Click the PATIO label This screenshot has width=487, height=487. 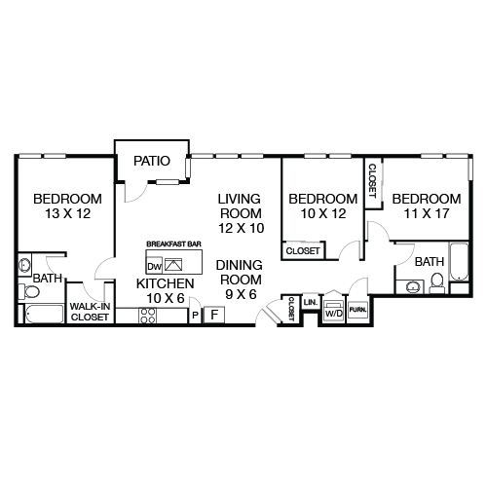point(152,161)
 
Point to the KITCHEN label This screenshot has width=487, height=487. point(165,283)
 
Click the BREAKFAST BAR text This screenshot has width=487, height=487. point(173,243)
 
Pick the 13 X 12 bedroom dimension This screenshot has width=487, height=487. point(60,212)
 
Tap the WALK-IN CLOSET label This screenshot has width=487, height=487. point(90,313)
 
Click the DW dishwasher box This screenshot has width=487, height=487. point(154,265)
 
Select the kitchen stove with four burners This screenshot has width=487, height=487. point(148,315)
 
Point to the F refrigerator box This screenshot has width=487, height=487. point(215,314)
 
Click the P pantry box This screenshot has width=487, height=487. point(196,315)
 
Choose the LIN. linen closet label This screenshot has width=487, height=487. point(310,303)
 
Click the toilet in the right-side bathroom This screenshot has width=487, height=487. point(437,282)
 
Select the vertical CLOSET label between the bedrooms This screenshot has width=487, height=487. point(371,180)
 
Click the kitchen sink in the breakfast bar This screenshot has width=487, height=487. point(173,264)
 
